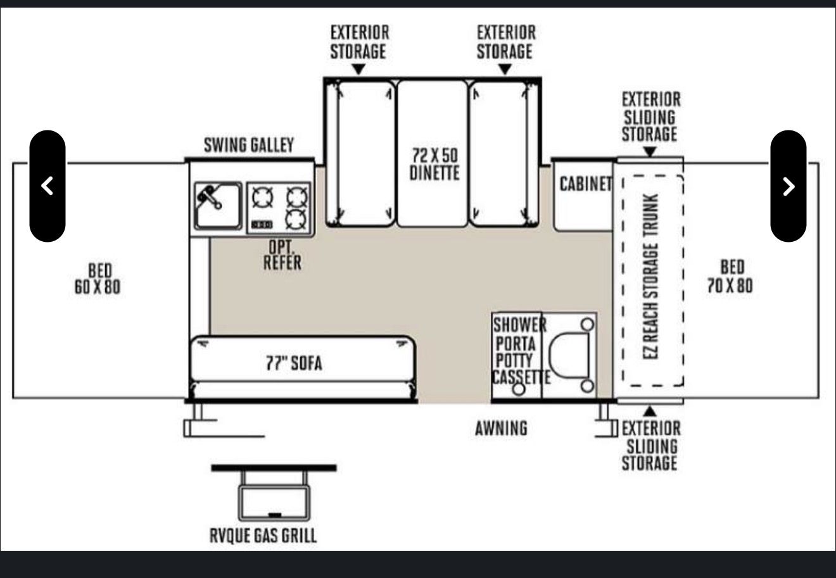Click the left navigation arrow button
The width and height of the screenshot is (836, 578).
pyautogui.click(x=47, y=186)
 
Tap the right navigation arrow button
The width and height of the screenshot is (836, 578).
pyautogui.click(x=788, y=186)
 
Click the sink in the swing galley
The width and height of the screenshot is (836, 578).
pyautogui.click(x=218, y=206)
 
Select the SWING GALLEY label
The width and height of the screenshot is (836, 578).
pyautogui.click(x=249, y=145)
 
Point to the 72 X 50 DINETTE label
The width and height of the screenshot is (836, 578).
pyautogui.click(x=434, y=164)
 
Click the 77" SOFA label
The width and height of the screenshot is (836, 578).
pyautogui.click(x=294, y=363)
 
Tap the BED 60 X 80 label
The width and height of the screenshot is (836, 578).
pyautogui.click(x=98, y=279)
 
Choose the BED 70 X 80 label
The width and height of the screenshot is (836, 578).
pyautogui.click(x=730, y=277)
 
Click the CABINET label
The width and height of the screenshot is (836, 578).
pyautogui.click(x=586, y=184)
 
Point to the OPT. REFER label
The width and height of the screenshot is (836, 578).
pyautogui.click(x=282, y=255)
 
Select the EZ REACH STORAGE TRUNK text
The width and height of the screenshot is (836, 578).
pyautogui.click(x=650, y=277)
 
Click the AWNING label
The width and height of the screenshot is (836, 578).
pyautogui.click(x=501, y=428)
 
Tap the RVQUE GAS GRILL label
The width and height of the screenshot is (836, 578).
pyautogui.click(x=263, y=536)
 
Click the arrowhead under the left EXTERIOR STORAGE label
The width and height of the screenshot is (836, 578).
pyautogui.click(x=358, y=69)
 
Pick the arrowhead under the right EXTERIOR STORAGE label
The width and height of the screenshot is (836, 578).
pyautogui.click(x=505, y=69)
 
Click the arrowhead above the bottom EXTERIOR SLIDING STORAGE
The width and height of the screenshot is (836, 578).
pyautogui.click(x=650, y=412)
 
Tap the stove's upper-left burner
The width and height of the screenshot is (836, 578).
pyautogui.click(x=262, y=197)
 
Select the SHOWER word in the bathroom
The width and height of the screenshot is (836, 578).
pyautogui.click(x=520, y=325)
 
